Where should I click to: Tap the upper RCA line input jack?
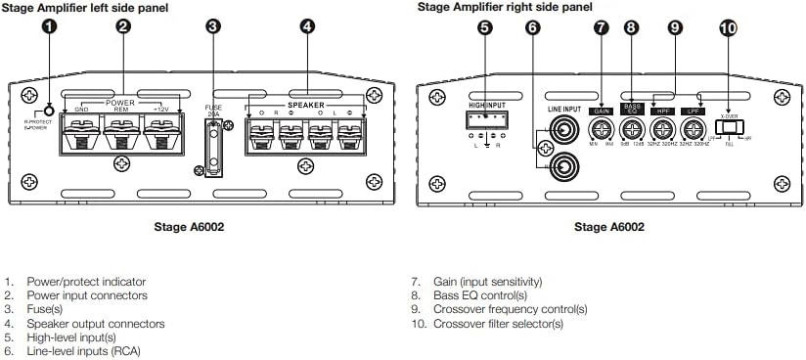click(563, 127)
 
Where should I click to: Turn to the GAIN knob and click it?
click(602, 128)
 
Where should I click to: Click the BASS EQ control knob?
click(633, 128)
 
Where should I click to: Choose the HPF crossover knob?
click(662, 128)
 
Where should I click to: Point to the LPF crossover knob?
click(693, 128)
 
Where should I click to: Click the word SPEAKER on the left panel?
click(306, 103)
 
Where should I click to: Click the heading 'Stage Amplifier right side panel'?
click(505, 7)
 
